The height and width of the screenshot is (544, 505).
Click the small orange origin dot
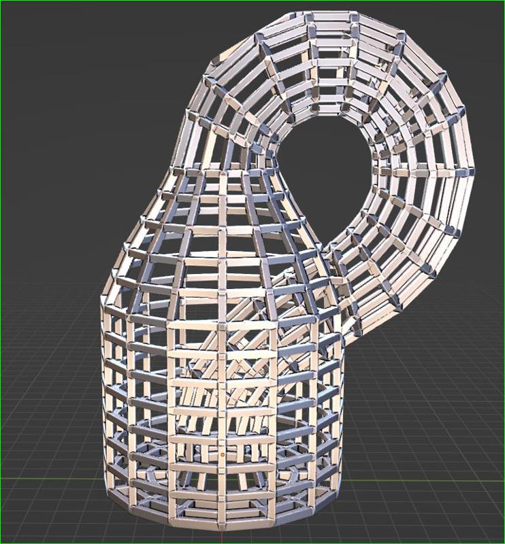tap(223, 454)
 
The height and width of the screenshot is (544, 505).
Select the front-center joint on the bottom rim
tap(223, 529)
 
